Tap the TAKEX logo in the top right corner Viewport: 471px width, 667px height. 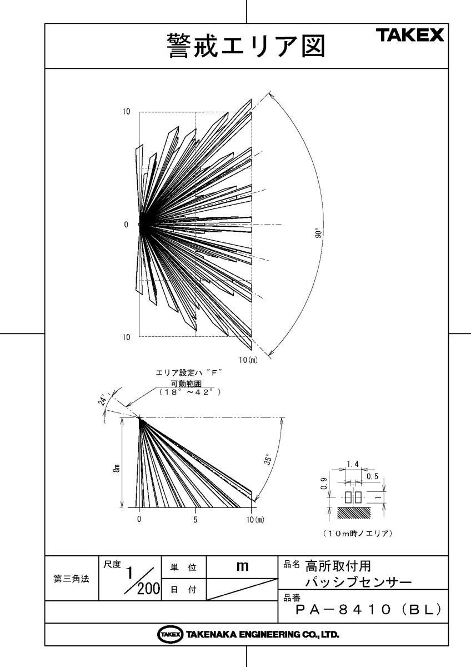click(x=412, y=35)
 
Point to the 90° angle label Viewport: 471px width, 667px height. click(x=318, y=233)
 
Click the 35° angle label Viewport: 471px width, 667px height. click(x=268, y=460)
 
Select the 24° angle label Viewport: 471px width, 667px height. click(x=102, y=399)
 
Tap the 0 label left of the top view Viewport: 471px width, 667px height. click(x=126, y=225)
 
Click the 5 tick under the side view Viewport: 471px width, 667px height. click(x=195, y=520)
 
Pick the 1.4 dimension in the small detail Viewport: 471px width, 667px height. click(x=353, y=464)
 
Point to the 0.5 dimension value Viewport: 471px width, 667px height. click(x=372, y=476)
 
